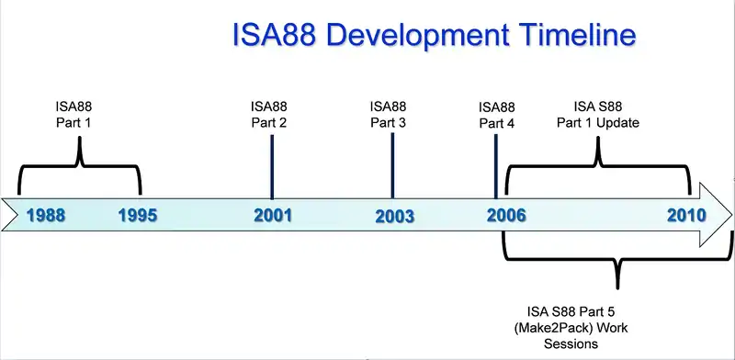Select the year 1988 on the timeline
pyautogui.click(x=45, y=216)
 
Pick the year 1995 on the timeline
pyautogui.click(x=138, y=216)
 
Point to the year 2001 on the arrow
pyautogui.click(x=272, y=216)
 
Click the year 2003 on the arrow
pyautogui.click(x=395, y=217)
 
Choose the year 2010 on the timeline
pyautogui.click(x=686, y=216)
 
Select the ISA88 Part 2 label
pyautogui.click(x=270, y=112)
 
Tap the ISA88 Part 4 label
pyautogui.click(x=496, y=112)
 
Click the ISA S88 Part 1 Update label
pyautogui.click(x=597, y=112)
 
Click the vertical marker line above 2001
pyautogui.click(x=272, y=165)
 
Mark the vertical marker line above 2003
pyautogui.click(x=392, y=165)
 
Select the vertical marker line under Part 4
pyautogui.click(x=496, y=165)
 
